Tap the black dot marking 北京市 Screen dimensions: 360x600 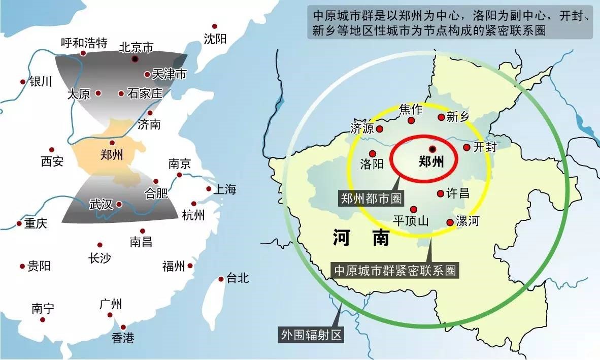pos(135,59)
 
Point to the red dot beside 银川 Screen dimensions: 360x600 pos(22,82)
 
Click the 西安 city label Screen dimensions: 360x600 pos(52,161)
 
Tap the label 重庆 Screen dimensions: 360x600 pos(36,223)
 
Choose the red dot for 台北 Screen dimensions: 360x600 pos(221,279)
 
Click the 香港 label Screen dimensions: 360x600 pos(123,338)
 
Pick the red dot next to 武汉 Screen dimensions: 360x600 pos(119,204)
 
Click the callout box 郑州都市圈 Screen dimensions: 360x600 pos(371,198)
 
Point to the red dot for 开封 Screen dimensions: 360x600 pos(466,147)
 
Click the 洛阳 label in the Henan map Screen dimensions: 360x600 pos(372,164)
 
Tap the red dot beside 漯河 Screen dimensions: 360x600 pos(449,222)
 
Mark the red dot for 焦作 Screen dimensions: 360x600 pos(412,120)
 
